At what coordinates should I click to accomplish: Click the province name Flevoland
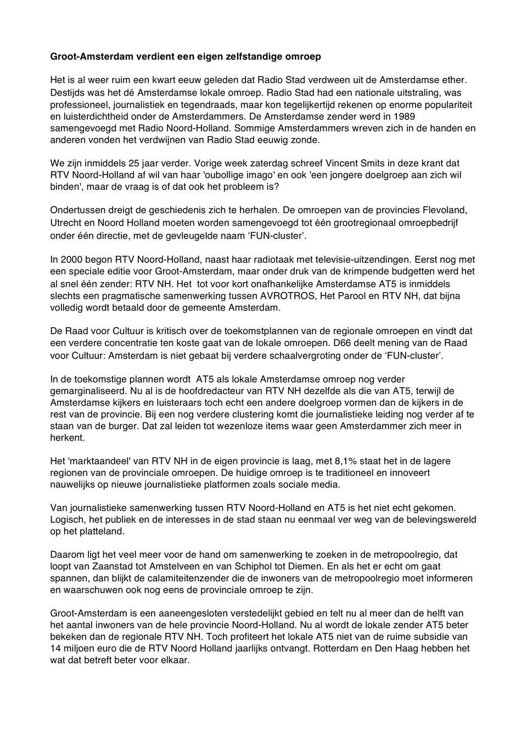click(x=446, y=210)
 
